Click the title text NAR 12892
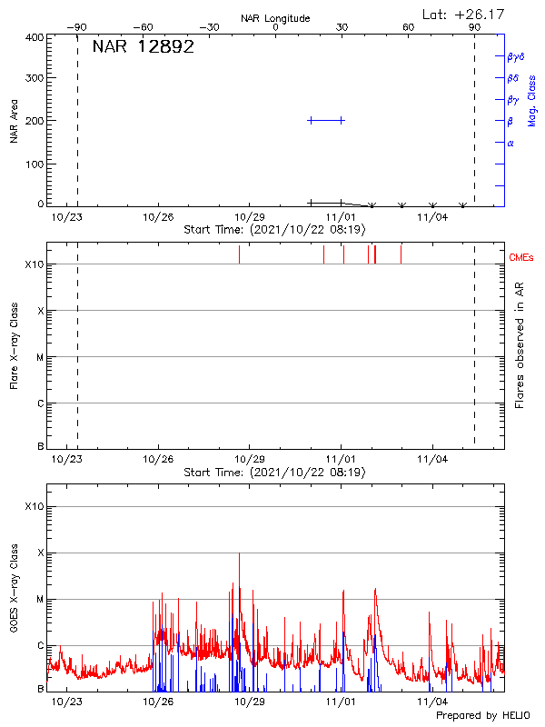coord(143,47)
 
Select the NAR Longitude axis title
coord(276,18)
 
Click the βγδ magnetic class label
coord(516,56)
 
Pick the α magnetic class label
coord(510,143)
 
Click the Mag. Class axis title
coord(532,99)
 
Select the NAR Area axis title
coord(15,121)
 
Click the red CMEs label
coord(521,259)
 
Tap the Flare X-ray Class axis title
coord(15,345)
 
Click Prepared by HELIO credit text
coord(482,716)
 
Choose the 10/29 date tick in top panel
coord(249,217)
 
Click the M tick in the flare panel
coord(39,357)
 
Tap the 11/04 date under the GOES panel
coord(432,702)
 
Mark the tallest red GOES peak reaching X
coord(240,554)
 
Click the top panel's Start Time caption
coord(274,229)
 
